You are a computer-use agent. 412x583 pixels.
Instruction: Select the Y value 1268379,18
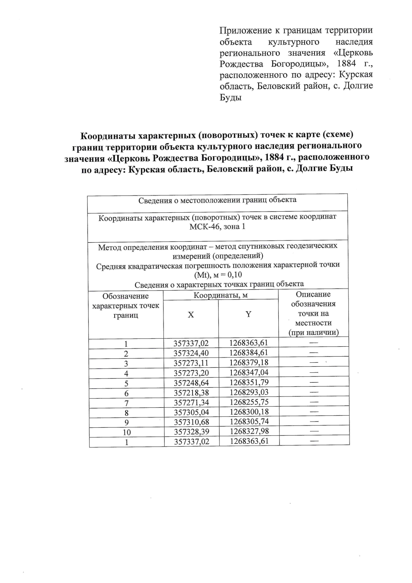249,362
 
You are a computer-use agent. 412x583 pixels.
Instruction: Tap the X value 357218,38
191,393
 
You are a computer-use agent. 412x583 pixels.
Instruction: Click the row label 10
127,432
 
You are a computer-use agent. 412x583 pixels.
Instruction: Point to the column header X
191,315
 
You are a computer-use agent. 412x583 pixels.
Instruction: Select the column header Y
248,314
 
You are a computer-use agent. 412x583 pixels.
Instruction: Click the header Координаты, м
220,295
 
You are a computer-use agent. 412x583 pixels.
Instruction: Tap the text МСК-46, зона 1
217,227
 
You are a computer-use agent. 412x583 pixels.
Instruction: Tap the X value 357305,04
191,412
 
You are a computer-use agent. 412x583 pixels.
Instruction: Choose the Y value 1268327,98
249,431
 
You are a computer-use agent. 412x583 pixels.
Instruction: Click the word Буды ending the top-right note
230,97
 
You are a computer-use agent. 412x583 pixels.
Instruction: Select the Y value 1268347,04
249,372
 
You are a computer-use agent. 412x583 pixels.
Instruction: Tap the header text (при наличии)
313,332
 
